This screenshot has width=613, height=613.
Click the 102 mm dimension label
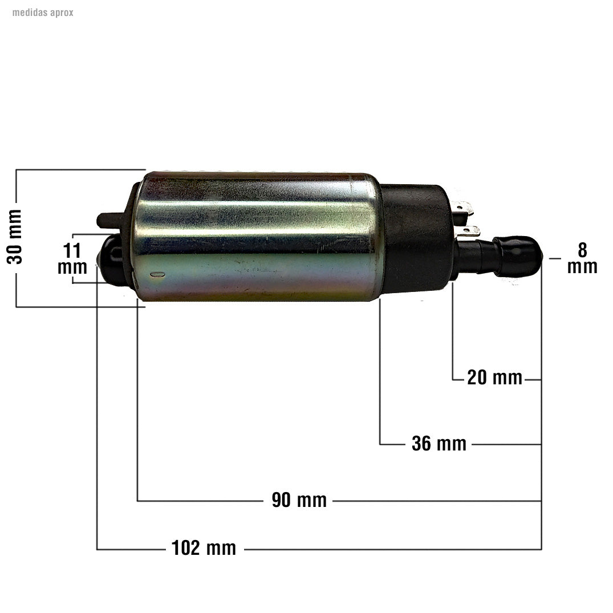coord(204,548)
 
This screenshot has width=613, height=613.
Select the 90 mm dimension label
coord(299,500)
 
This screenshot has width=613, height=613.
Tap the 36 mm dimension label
coord(439,444)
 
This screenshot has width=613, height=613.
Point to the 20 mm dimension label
coord(494,377)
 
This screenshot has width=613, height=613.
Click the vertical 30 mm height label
coord(14,237)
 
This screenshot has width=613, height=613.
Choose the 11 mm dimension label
coord(72,259)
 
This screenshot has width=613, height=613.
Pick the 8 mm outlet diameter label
coord(582,259)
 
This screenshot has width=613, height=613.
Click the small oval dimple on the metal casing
coord(157,275)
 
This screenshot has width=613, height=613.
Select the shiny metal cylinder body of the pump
coord(257,236)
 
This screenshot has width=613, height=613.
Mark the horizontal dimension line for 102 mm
coord(393,549)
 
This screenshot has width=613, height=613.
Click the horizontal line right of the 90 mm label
coord(436,501)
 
